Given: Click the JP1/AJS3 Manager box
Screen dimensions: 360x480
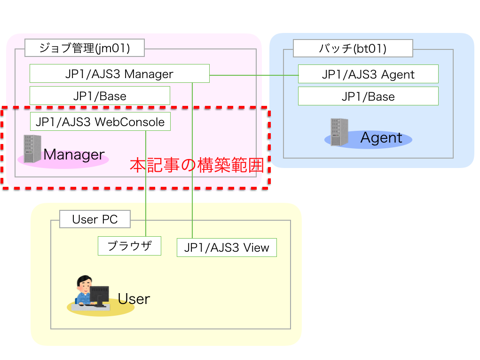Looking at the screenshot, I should [x=119, y=74].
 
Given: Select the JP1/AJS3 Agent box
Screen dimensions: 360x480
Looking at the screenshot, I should [x=368, y=74].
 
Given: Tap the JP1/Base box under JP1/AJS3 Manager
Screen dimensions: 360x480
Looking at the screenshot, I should [x=100, y=96].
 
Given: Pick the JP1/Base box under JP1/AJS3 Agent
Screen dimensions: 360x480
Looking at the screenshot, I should [x=368, y=96].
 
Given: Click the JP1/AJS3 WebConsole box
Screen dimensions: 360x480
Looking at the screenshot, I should [x=100, y=122].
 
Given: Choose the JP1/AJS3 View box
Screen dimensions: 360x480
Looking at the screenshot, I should [x=227, y=248].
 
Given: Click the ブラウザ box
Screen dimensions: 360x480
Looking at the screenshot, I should [x=129, y=246].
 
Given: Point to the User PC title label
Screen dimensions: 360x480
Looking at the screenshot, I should [x=94, y=219].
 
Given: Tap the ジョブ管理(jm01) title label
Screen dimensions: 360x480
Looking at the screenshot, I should [x=84, y=48].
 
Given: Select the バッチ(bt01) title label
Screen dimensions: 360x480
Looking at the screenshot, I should [x=353, y=48].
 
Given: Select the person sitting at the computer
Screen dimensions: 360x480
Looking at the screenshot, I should [x=84, y=290].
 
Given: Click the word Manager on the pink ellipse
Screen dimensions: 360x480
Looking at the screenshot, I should [x=74, y=154].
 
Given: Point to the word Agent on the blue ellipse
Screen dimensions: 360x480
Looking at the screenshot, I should [x=381, y=138].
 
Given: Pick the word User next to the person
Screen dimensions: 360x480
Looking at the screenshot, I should [x=134, y=299].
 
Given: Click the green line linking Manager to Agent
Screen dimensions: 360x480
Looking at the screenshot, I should [x=254, y=75].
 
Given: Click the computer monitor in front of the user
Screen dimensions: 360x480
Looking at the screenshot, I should [x=99, y=295].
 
